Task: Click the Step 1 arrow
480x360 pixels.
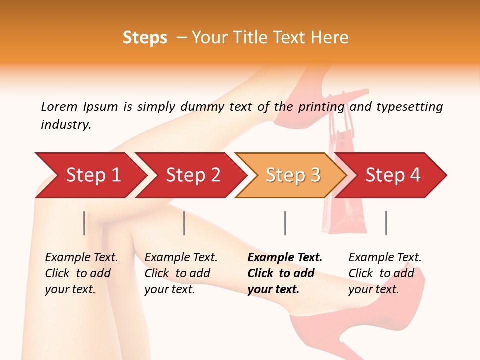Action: [93, 175]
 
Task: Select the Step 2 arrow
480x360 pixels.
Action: [193, 175]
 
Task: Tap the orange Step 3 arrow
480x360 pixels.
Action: [293, 175]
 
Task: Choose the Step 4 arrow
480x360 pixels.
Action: [393, 175]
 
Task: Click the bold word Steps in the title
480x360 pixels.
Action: [145, 38]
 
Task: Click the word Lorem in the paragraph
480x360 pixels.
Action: [59, 106]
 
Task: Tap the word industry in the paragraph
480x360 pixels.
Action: [65, 125]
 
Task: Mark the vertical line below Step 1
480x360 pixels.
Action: [84, 223]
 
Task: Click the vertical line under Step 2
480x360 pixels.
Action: [184, 223]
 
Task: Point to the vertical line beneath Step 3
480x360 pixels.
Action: [285, 223]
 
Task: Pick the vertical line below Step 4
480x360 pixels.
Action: [386, 223]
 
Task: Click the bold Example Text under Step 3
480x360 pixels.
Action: [285, 257]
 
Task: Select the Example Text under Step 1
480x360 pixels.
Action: [81, 257]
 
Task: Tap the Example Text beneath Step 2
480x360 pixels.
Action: [181, 257]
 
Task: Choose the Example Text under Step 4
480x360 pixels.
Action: [385, 257]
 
